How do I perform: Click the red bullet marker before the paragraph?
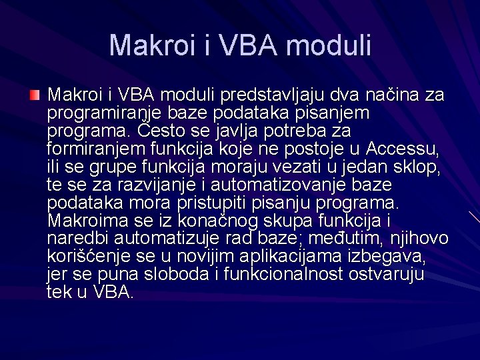(35, 96)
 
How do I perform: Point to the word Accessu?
(404, 148)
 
